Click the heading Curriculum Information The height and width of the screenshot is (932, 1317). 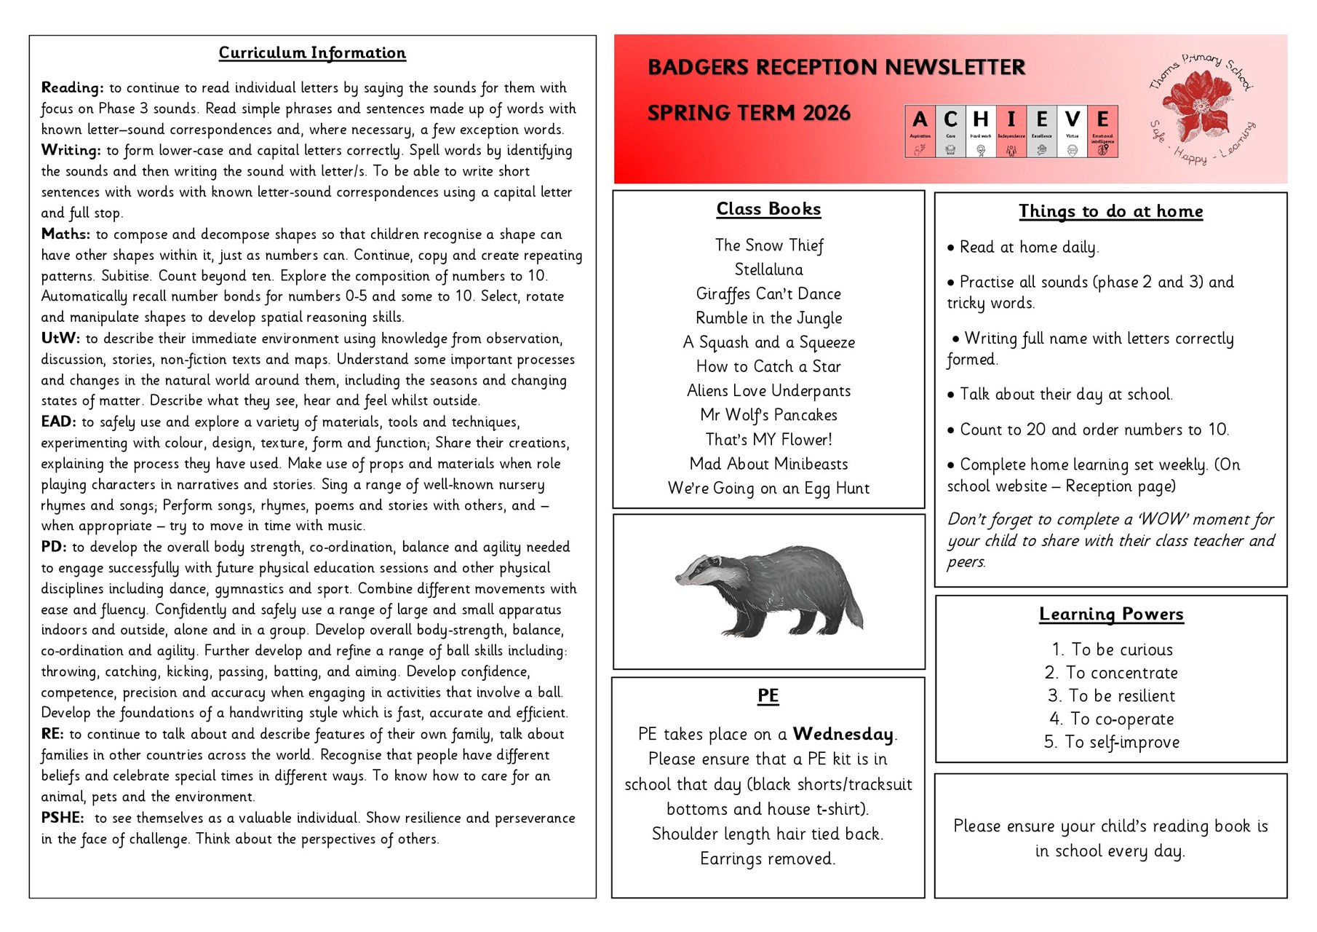[312, 53]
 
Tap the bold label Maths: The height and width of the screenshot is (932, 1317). [65, 234]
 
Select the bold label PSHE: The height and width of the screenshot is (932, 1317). [63, 818]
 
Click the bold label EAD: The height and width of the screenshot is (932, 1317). [58, 422]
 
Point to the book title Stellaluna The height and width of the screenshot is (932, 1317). [768, 270]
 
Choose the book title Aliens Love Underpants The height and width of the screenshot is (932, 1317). [768, 391]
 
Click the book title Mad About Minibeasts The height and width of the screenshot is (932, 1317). [768, 464]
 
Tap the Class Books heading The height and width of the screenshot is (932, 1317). [768, 210]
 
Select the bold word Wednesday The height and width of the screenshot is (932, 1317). [843, 734]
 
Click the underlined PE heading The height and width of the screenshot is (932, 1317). [768, 696]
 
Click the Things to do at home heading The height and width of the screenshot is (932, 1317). [1110, 212]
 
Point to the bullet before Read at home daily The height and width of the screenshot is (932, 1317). [951, 248]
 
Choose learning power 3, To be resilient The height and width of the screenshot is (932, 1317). [1111, 696]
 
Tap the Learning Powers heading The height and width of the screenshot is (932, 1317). [1111, 615]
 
